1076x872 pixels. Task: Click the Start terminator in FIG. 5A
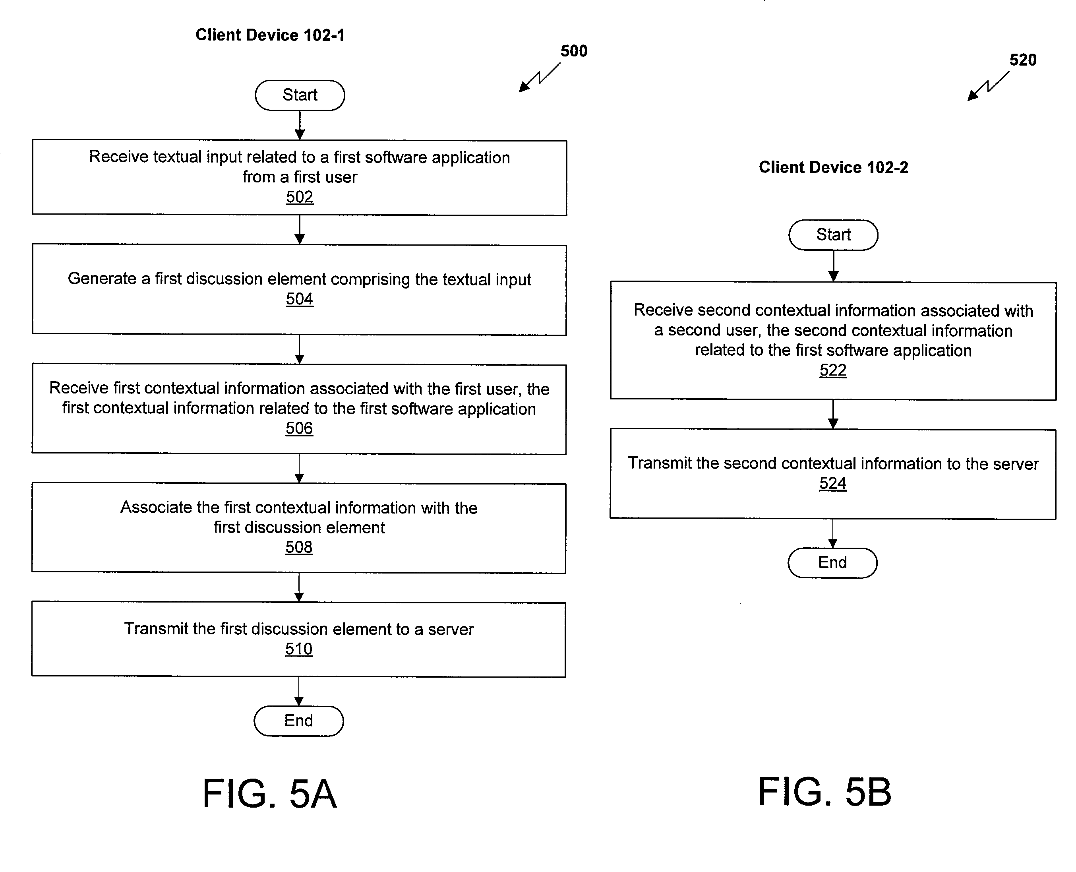(300, 95)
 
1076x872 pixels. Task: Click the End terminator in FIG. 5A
(299, 721)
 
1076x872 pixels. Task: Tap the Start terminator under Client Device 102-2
(834, 234)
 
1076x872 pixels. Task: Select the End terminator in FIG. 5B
(832, 562)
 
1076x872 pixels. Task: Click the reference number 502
(300, 197)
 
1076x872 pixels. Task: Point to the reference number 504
(299, 299)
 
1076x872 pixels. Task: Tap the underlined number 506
(299, 428)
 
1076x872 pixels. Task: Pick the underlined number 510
(299, 649)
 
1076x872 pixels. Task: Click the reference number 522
(833, 370)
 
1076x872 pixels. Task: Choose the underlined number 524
(833, 483)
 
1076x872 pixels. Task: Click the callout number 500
(574, 51)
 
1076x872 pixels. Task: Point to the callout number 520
(1023, 60)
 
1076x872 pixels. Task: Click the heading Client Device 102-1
(270, 35)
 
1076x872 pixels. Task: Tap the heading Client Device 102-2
(834, 167)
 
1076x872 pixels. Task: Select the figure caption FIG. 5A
(270, 793)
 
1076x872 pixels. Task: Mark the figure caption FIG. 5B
(825, 792)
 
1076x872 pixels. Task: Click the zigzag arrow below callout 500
(539, 78)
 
